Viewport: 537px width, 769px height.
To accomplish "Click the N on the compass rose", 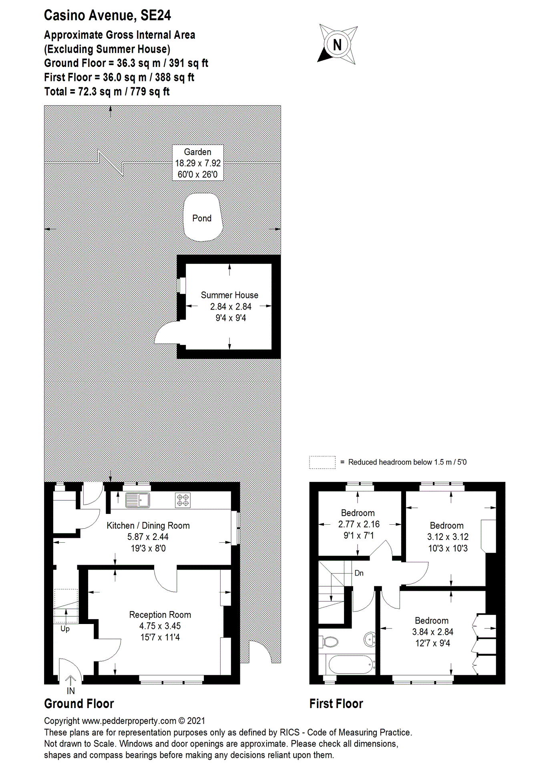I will coord(337,45).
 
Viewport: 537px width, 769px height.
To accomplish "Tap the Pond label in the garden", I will coord(202,218).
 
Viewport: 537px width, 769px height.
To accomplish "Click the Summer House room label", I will coord(229,295).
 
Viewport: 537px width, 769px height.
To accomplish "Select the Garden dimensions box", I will coord(198,163).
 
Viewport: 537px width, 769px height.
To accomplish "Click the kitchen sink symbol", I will coord(137,500).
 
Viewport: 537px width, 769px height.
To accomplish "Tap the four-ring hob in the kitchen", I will coord(183,500).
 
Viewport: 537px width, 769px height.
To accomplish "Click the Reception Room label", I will coord(160,615).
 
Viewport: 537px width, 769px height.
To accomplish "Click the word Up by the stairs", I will coord(65,629).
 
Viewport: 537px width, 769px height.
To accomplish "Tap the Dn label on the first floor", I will coord(359,573).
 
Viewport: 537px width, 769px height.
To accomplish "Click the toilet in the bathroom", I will coord(330,642).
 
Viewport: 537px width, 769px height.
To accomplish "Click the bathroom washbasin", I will coord(370,639).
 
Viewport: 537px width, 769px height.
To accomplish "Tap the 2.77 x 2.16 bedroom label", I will coord(358,524).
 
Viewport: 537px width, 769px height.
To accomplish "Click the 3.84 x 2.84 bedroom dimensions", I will coord(432,632).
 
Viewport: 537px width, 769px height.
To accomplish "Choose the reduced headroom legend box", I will coord(322,462).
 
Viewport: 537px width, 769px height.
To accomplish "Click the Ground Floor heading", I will coord(79,704).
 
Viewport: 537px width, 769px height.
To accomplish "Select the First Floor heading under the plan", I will coord(336,704).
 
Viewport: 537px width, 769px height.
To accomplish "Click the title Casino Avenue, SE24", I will coord(107,15).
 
